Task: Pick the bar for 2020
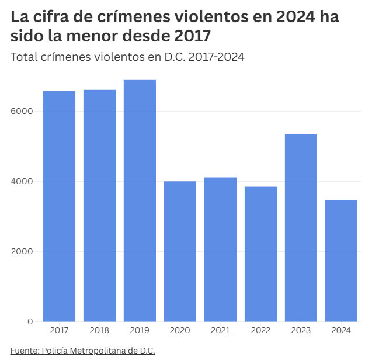pos(180,251)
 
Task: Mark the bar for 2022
pos(260,254)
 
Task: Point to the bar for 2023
pos(301,228)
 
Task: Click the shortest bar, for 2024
pos(341,261)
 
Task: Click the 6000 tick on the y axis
pos(22,111)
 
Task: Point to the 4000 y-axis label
pos(22,181)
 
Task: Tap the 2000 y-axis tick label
pos(22,251)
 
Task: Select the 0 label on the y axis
pos(30,321)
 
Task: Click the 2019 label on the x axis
pos(140,331)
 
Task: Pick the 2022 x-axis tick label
pos(260,331)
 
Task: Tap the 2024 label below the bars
pos(341,331)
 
